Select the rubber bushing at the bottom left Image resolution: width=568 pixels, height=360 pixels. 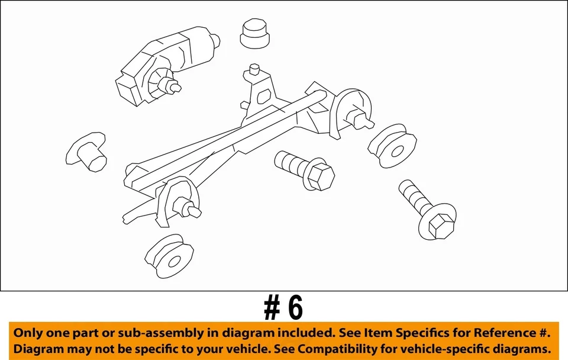point(169,258)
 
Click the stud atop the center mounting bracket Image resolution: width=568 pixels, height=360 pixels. point(255,69)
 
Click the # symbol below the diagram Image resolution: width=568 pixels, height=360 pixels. point(272,308)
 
